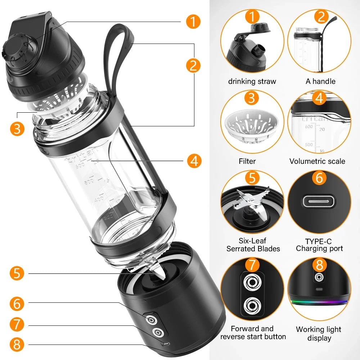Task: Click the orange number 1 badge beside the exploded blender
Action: [193, 22]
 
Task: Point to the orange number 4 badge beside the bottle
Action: [194, 160]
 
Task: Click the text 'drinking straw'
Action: [252, 81]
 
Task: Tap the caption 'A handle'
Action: [320, 81]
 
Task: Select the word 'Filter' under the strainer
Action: [247, 161]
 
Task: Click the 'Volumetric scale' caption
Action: [317, 161]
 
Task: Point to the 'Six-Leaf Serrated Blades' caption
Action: [253, 245]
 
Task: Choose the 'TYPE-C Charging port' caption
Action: [319, 245]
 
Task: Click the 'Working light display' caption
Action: [319, 334]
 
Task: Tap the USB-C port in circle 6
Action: [319, 201]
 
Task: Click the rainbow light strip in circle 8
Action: [319, 302]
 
